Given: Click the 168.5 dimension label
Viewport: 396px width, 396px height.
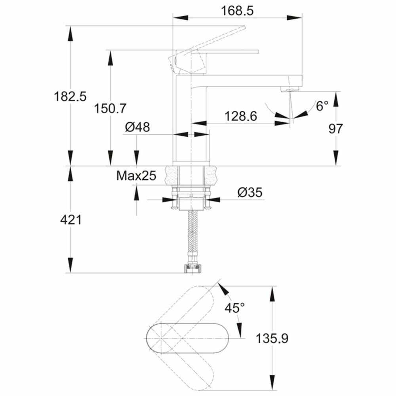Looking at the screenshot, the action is coord(237,11).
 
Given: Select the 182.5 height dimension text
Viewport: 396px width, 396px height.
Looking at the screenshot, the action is coord(70,97).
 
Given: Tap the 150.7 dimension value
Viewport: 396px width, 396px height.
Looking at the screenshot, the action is coord(110,109).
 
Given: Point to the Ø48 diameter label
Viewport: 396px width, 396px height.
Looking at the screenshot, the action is coord(137,127).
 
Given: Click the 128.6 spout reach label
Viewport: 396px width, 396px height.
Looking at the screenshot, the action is coord(241,116).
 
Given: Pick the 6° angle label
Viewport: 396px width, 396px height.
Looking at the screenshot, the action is coord(322,106).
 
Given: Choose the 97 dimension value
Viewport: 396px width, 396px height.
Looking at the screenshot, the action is coord(336,129).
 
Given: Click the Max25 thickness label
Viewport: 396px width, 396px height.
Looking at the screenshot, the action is coord(136,175).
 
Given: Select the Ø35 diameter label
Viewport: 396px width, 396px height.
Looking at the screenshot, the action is coord(250,192).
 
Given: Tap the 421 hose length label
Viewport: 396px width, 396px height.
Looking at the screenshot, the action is coord(71,220).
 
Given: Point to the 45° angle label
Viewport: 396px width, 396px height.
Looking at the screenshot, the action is coord(234,308).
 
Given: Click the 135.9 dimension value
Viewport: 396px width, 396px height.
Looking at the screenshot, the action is coord(272,339).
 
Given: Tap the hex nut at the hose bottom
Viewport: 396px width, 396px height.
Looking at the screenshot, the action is coord(192,268).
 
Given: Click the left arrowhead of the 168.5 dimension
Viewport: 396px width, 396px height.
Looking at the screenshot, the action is coord(180,18).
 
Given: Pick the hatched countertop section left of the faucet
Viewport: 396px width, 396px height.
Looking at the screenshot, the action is coord(171,175).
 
